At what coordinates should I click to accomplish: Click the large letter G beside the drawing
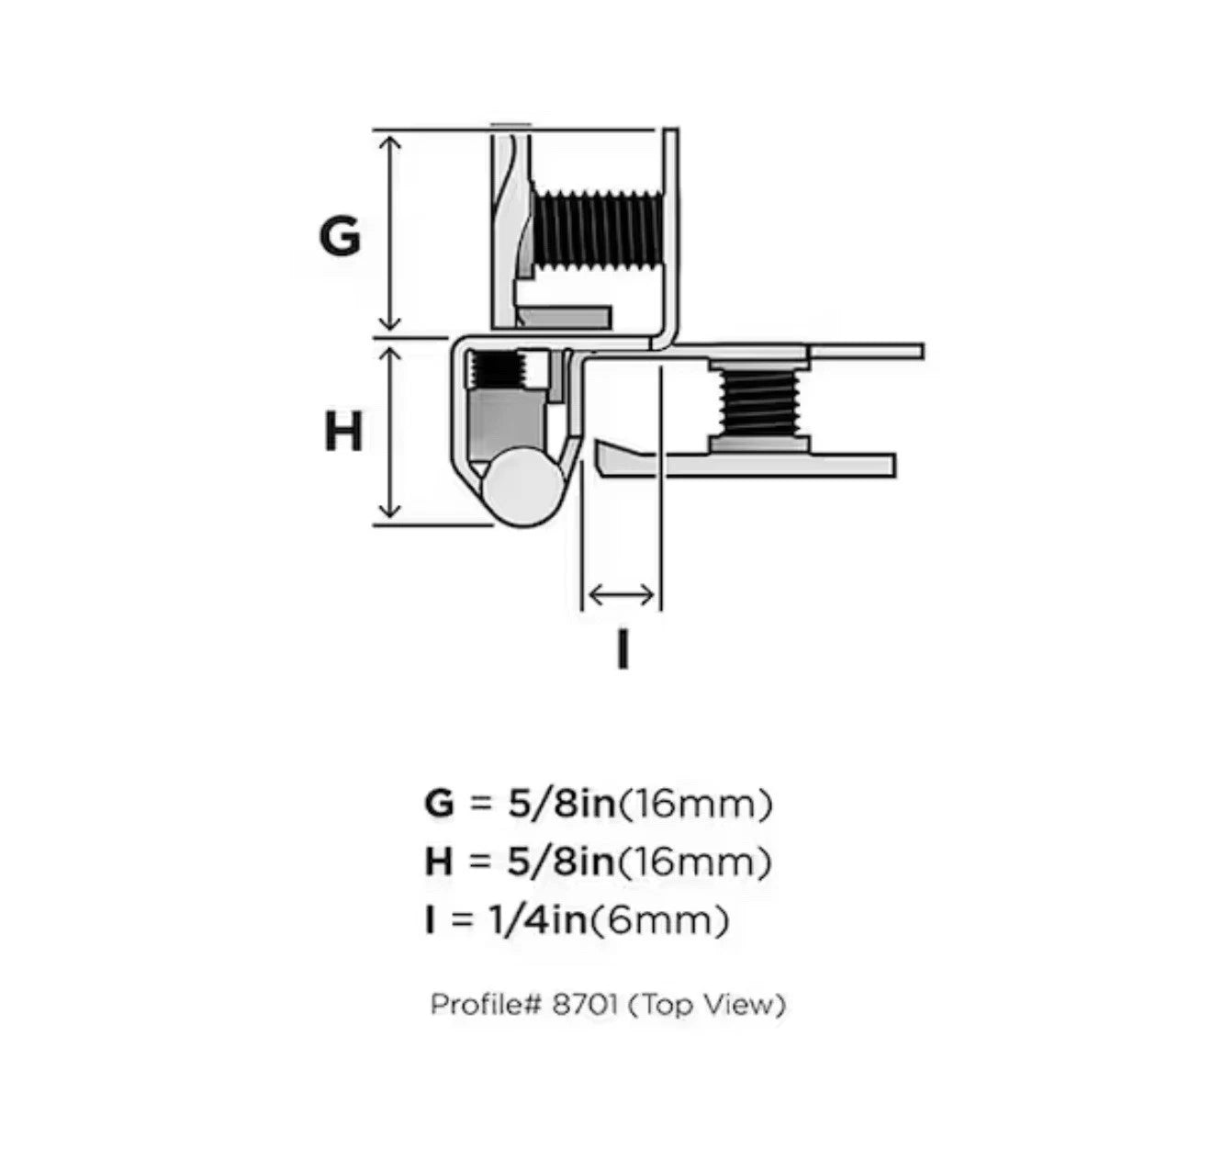click(340, 235)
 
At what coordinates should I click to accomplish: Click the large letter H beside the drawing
click(342, 431)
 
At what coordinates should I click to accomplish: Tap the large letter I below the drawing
click(623, 648)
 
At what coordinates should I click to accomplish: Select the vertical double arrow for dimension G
click(389, 233)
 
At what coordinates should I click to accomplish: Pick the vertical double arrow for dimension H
click(389, 433)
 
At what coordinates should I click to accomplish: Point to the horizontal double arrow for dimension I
click(621, 595)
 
